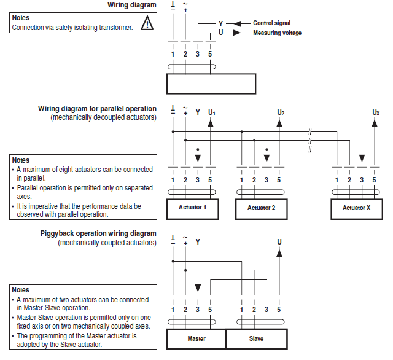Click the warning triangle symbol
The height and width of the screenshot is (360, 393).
(x=147, y=24)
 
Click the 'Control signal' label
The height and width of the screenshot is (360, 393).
(x=272, y=23)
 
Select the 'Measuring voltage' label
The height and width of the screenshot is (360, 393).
(x=277, y=33)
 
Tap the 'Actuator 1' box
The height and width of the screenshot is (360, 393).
(x=192, y=208)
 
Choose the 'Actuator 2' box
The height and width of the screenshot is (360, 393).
(x=261, y=208)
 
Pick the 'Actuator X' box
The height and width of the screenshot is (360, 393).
(x=356, y=208)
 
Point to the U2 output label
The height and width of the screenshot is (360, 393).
(x=280, y=112)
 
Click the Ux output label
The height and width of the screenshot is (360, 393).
(x=375, y=112)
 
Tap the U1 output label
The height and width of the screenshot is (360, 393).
(x=211, y=112)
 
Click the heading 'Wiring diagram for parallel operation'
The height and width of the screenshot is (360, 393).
(x=97, y=109)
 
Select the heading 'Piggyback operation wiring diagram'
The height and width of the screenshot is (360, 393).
(x=98, y=234)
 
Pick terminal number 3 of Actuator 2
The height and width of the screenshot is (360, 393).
(x=266, y=179)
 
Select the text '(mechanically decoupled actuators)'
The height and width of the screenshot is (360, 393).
(x=103, y=117)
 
